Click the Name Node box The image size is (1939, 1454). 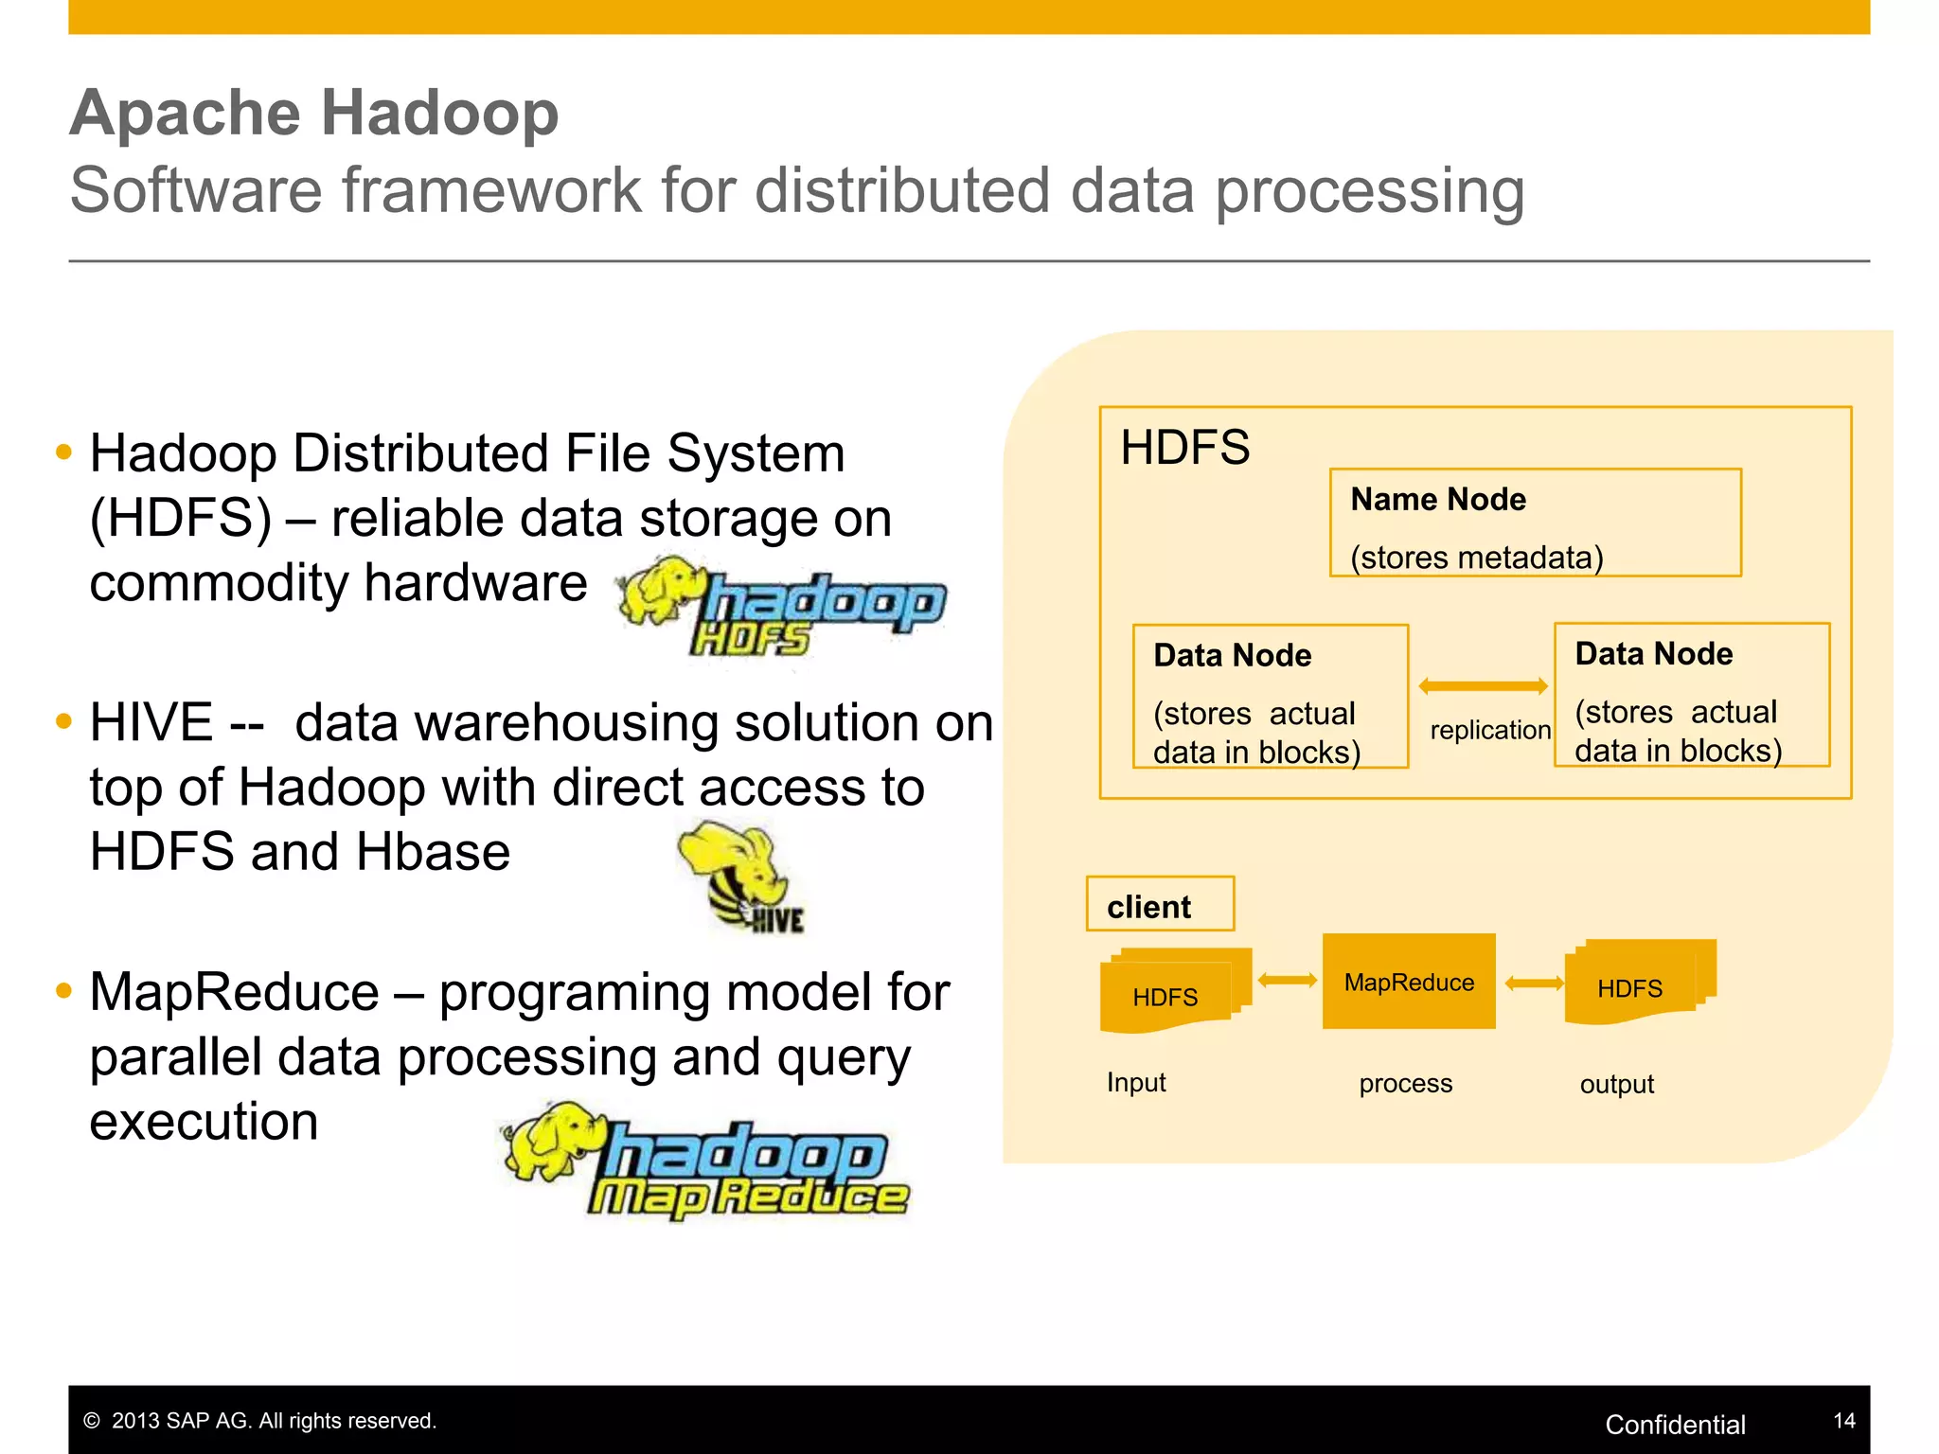tap(1535, 523)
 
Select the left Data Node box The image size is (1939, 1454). tap(1270, 696)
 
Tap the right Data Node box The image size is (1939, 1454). tap(1691, 695)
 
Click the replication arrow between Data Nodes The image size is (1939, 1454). tap(1483, 686)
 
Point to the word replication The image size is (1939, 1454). tap(1489, 730)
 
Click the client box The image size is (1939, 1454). tap(1160, 904)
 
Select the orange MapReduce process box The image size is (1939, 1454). tap(1409, 982)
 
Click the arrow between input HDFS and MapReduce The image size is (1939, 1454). tap(1288, 981)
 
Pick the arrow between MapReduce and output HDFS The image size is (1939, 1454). tap(1534, 984)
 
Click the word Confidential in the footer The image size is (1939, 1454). tap(1675, 1425)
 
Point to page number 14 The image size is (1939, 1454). tap(1843, 1421)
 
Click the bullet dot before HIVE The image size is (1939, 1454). tap(63, 721)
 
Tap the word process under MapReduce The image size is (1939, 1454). tap(1405, 1083)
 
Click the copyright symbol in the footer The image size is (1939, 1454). tap(92, 1421)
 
